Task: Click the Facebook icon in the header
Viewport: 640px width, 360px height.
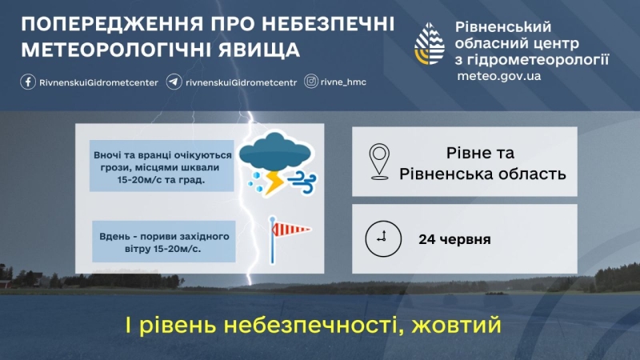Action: click(27, 82)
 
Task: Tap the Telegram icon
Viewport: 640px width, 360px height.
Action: click(174, 82)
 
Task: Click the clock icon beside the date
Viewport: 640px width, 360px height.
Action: click(382, 238)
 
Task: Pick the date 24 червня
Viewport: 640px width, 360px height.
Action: click(454, 239)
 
